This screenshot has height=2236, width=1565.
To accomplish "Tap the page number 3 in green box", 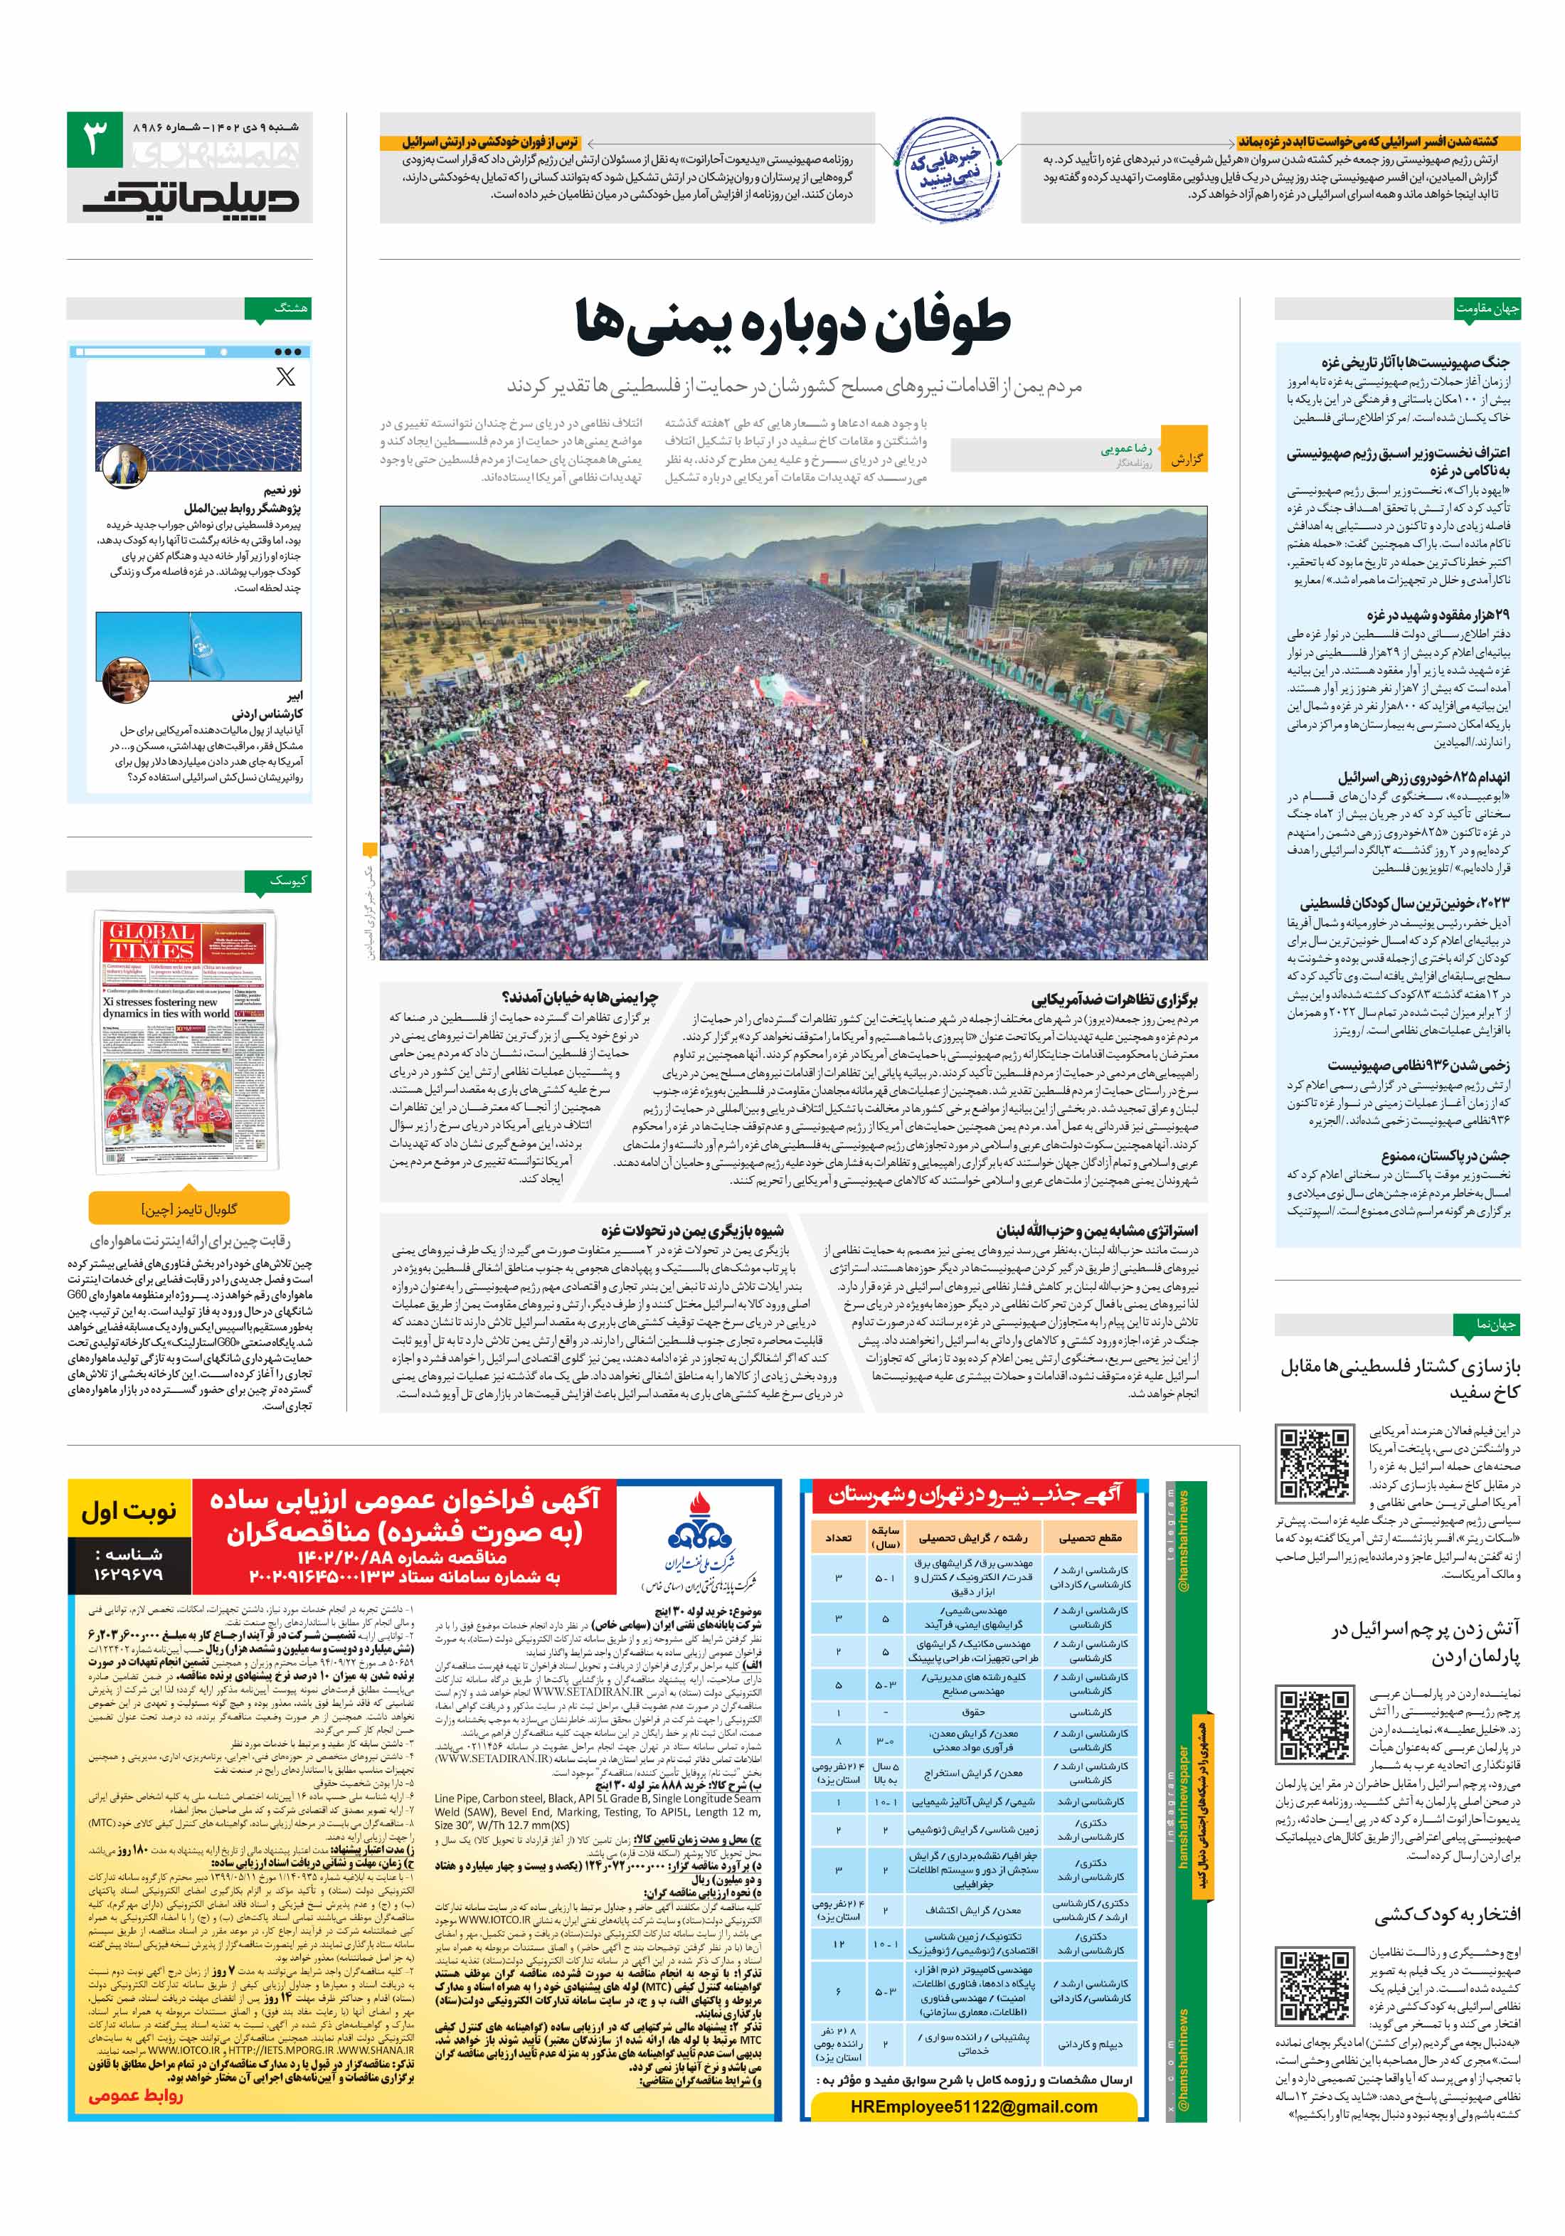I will (x=95, y=139).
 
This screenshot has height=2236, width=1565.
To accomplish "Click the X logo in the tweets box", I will (x=285, y=377).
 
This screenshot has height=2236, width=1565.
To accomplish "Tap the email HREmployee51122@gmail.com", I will (x=973, y=2106).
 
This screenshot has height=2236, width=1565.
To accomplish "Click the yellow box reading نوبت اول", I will (x=129, y=1512).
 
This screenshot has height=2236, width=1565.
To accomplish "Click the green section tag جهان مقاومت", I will (x=1486, y=309).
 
